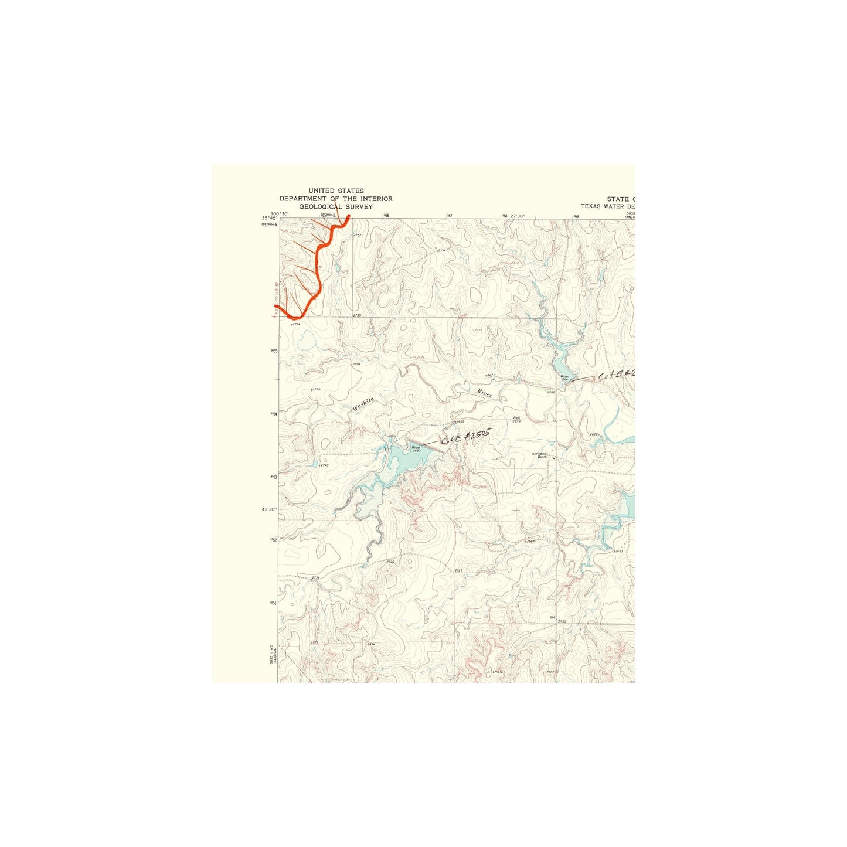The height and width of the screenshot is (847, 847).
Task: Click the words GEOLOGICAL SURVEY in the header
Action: tap(336, 207)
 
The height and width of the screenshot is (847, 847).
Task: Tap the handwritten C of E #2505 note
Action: tap(465, 437)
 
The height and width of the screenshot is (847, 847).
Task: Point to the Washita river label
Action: tap(363, 403)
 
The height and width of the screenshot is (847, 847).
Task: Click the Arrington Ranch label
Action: tap(539, 455)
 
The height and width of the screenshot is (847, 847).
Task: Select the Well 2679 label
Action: tap(516, 420)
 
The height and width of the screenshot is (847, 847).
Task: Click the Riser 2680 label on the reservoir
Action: tap(416, 448)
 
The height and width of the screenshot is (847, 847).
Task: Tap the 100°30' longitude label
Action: tap(280, 213)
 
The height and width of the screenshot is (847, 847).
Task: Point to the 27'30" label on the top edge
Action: tap(518, 216)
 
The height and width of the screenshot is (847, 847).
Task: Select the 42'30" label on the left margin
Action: tap(269, 509)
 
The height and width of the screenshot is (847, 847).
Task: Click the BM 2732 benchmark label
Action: tap(559, 619)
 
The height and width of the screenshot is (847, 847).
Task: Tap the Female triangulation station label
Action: tap(496, 672)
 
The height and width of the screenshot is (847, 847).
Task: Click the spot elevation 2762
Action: tap(358, 235)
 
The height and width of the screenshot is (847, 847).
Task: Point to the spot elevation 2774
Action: tap(441, 250)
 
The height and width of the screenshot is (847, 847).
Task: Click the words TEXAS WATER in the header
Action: tap(607, 206)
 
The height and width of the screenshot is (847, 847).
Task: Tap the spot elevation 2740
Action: tap(324, 465)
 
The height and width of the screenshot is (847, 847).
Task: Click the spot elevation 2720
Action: tap(316, 389)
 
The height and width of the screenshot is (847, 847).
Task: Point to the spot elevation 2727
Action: tap(458, 570)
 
